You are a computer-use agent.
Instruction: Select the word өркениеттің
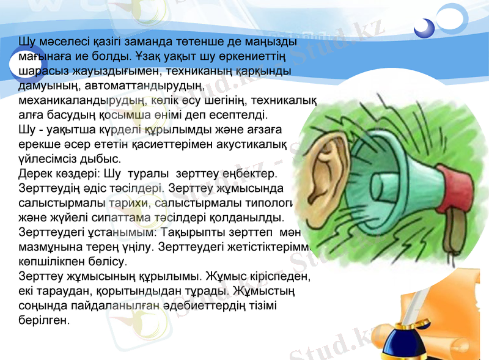(x=255, y=57)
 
